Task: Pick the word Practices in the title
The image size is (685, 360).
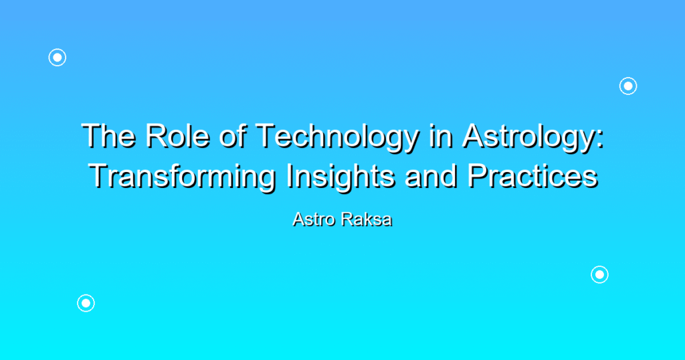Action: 532,176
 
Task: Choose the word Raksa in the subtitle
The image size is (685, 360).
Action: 367,219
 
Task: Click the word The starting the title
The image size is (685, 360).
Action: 108,136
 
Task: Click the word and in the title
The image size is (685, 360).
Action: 431,176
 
